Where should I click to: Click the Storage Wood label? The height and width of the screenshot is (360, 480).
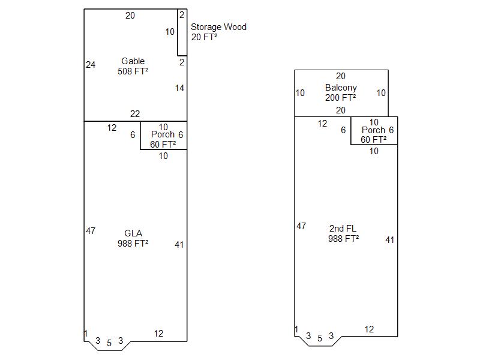click(218, 27)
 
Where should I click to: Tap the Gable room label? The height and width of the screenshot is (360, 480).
click(133, 61)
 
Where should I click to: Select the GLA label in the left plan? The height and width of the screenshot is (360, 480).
click(133, 233)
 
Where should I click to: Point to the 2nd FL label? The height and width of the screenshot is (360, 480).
click(343, 229)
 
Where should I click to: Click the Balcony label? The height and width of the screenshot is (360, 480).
click(341, 88)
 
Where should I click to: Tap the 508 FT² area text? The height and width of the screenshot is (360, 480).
click(133, 71)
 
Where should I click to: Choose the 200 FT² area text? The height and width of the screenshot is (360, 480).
click(341, 98)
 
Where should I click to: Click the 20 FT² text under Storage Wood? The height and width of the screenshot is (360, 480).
click(204, 37)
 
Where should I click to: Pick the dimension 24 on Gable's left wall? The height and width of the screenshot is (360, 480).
click(91, 65)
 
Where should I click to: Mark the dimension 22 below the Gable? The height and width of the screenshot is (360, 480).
click(135, 114)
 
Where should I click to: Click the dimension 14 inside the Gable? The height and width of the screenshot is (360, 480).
click(179, 88)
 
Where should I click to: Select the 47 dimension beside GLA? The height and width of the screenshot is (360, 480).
click(91, 230)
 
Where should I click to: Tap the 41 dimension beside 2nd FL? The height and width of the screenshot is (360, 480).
click(390, 240)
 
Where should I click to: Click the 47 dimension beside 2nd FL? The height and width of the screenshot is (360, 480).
click(301, 226)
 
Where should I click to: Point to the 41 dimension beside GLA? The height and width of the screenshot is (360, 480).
click(179, 244)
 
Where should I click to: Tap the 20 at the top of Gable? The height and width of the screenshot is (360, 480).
click(130, 16)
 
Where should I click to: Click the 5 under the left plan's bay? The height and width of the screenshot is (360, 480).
click(109, 343)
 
